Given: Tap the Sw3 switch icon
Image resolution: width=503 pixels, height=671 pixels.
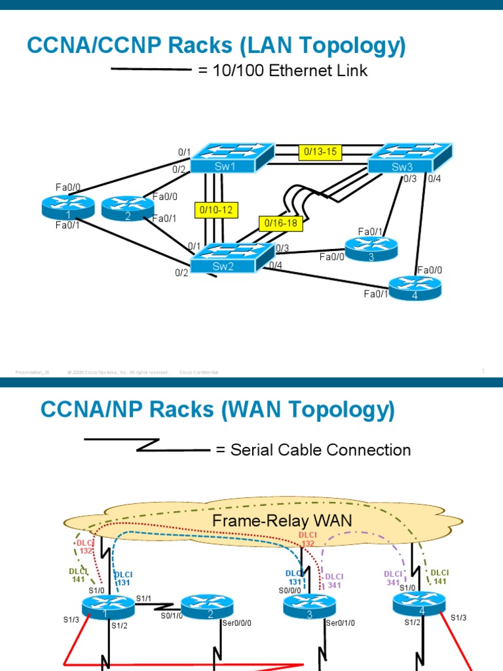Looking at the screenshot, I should pyautogui.click(x=409, y=158).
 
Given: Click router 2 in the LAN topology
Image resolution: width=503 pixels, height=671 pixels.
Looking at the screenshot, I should pyautogui.click(x=127, y=208).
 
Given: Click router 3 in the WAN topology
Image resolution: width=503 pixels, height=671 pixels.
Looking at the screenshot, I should pyautogui.click(x=309, y=606).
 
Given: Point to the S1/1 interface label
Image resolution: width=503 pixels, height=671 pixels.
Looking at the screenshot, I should pyautogui.click(x=143, y=598).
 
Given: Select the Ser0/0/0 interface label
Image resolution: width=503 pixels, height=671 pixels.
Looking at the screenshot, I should pyautogui.click(x=236, y=623).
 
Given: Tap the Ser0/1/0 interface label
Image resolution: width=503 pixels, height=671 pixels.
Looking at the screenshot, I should pyautogui.click(x=340, y=623).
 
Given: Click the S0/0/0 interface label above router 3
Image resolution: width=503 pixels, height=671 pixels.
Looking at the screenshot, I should pyautogui.click(x=291, y=590).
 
